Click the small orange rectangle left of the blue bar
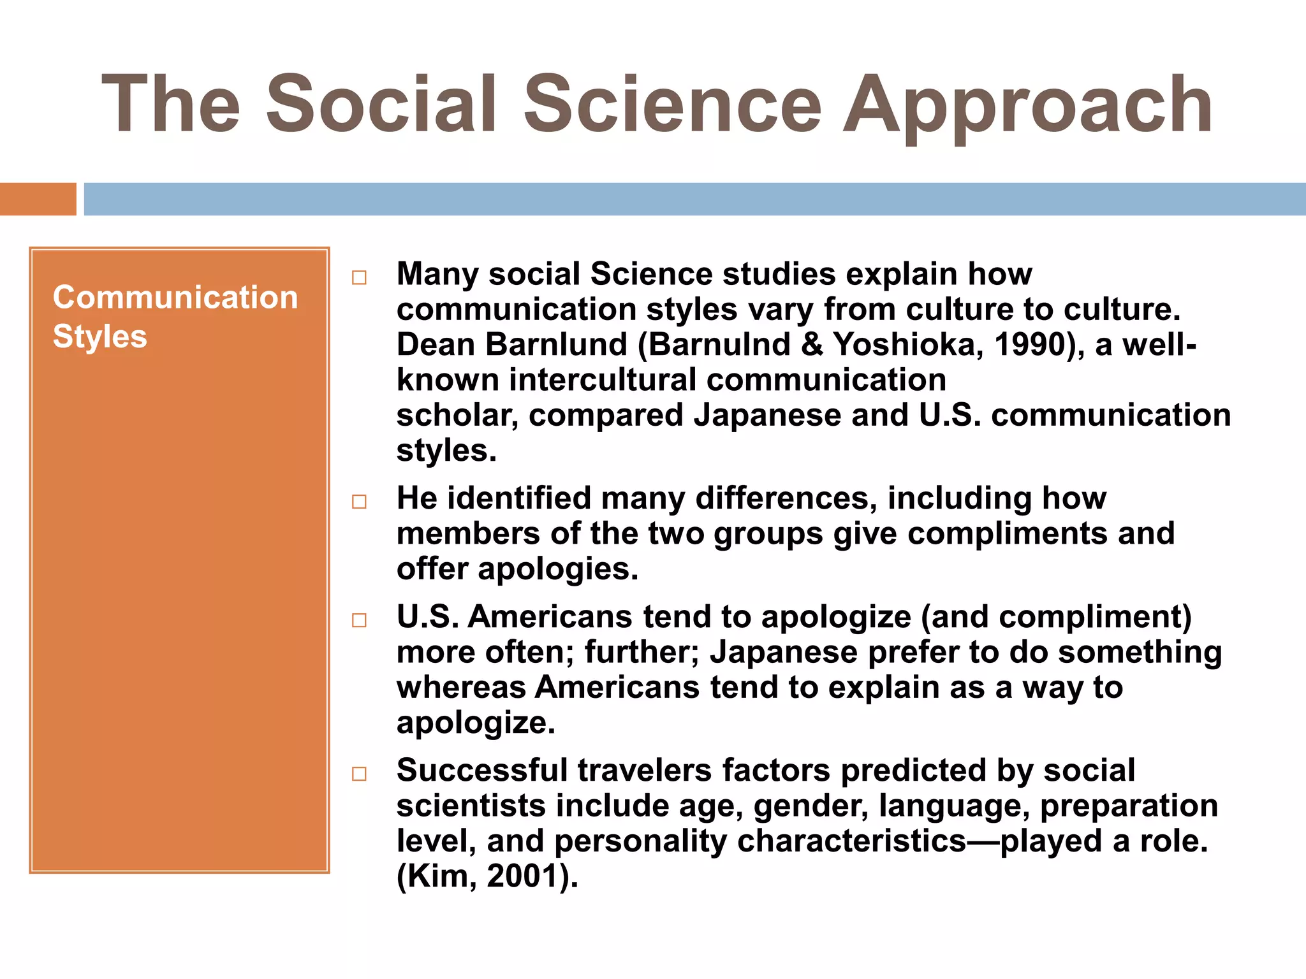tap(38, 199)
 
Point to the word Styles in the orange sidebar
tap(99, 337)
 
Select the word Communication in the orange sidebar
tap(175, 297)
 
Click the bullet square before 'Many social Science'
tap(360, 278)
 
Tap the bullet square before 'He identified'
tap(360, 502)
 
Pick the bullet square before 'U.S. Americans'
tap(360, 621)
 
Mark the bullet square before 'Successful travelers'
tap(360, 774)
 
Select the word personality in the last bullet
tap(640, 841)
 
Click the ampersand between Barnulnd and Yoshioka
tap(812, 345)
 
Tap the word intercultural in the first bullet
tap(602, 381)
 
